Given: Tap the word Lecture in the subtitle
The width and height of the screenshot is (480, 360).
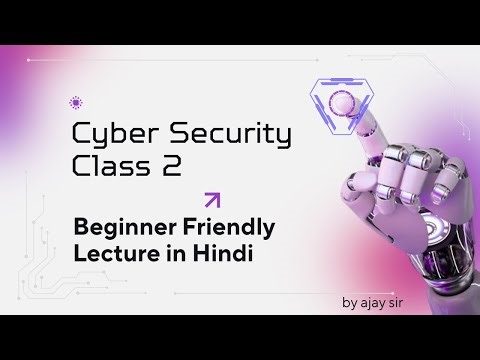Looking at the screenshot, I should point(108,253).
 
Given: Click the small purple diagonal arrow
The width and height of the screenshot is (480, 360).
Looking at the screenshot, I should point(211,199).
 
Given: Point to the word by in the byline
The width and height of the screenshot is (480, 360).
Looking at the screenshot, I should point(352,301).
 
